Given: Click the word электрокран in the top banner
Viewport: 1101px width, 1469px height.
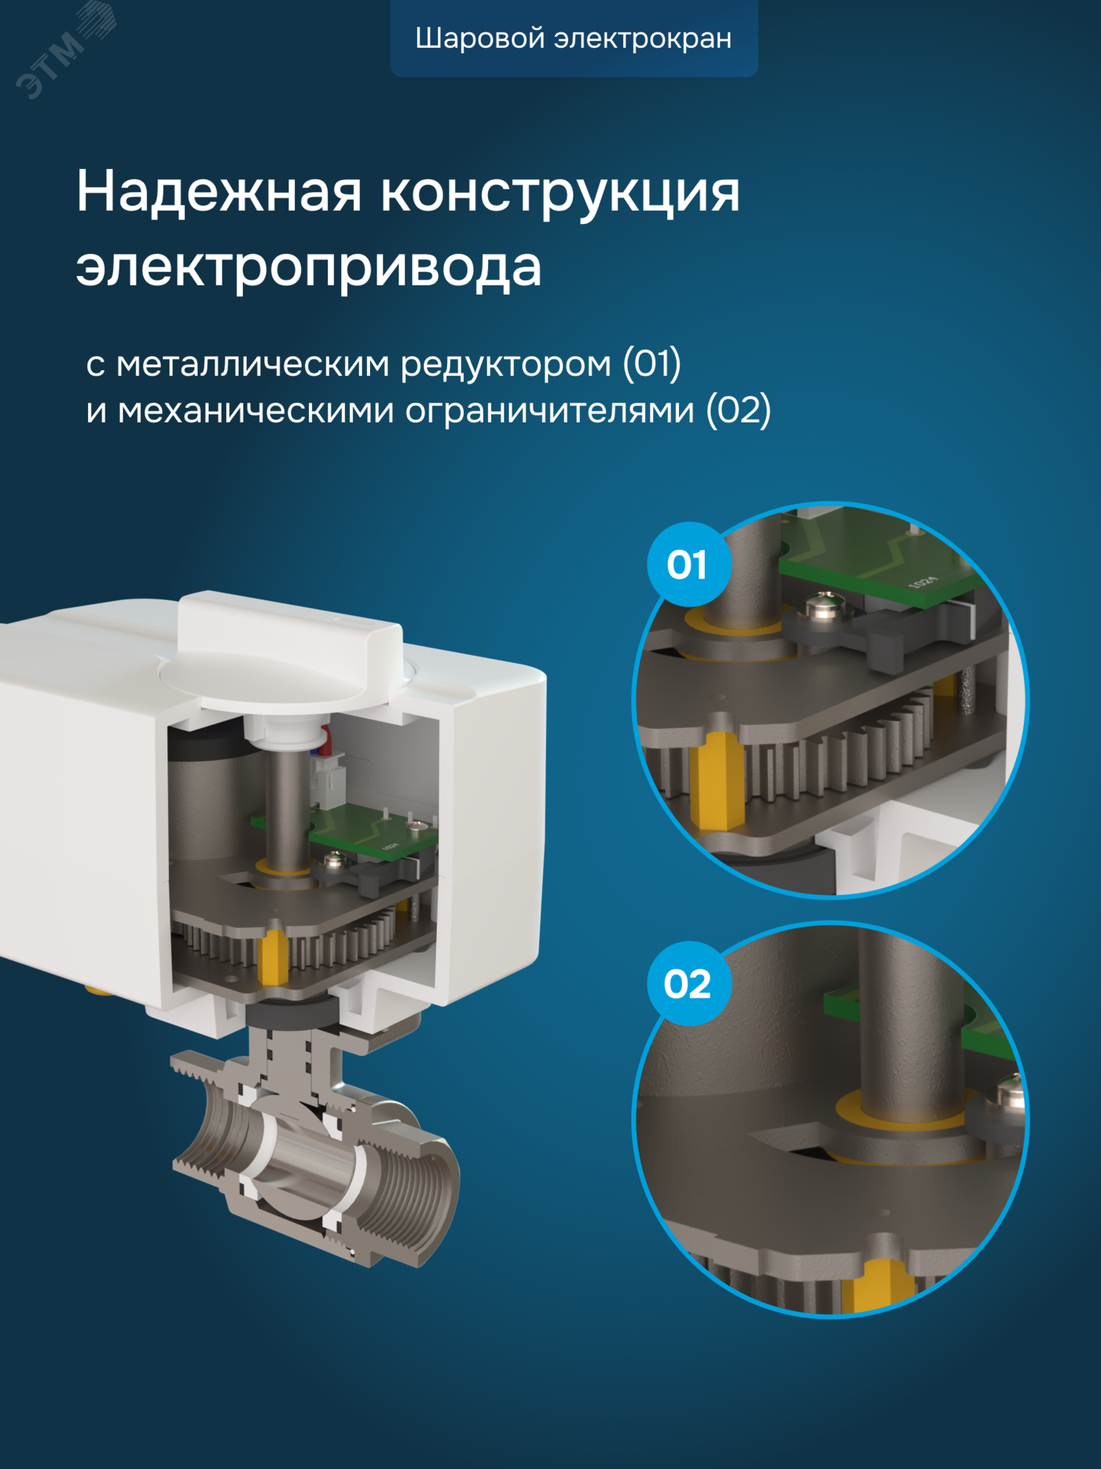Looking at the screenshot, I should (642, 38).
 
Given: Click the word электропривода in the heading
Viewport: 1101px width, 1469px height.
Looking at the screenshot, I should (308, 267).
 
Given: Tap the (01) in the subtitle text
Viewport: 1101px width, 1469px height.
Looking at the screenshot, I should (652, 363).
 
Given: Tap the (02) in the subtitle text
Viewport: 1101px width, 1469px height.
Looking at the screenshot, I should (738, 410).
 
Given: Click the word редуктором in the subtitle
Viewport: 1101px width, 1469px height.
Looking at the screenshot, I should (506, 364).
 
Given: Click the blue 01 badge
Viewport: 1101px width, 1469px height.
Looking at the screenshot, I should (688, 564).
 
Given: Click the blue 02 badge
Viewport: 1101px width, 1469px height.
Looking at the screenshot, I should (688, 983).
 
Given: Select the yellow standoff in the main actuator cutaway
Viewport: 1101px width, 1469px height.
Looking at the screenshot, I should (273, 958).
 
